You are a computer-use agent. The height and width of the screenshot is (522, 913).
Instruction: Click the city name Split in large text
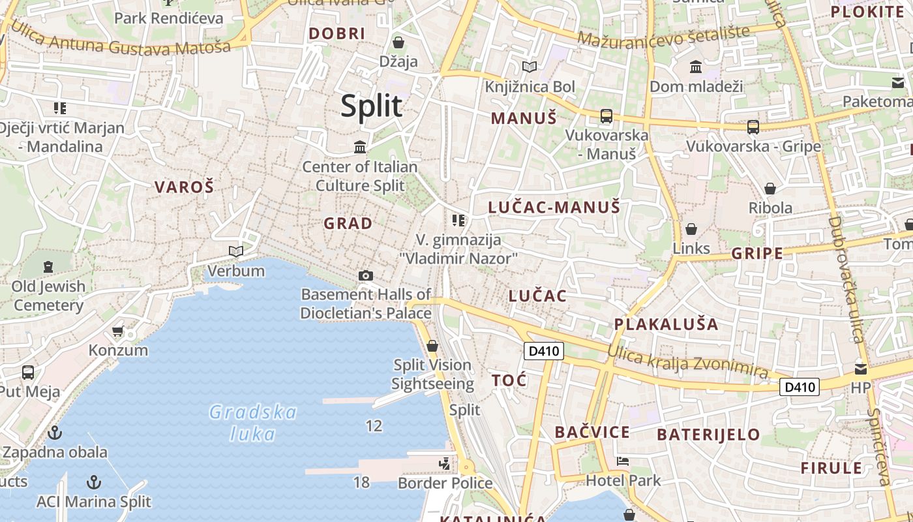tap(372, 106)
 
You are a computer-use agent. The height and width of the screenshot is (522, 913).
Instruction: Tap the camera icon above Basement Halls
tap(366, 275)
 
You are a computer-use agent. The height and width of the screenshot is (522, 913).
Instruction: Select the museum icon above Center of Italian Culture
tap(360, 147)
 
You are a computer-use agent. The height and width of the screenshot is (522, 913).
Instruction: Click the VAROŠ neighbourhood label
tap(184, 187)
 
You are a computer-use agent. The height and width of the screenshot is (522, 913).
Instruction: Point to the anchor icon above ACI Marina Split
tap(95, 482)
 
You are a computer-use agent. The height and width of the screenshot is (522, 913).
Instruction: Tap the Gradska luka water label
tap(253, 423)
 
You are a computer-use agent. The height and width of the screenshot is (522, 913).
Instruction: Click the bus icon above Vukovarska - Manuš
tap(606, 116)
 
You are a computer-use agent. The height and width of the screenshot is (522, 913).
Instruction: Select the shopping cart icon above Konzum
tap(118, 331)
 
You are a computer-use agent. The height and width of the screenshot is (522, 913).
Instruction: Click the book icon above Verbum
tap(235, 251)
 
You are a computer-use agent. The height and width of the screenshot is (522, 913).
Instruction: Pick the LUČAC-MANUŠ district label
tap(554, 208)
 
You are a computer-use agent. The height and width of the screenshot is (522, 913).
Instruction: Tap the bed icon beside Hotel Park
tap(623, 461)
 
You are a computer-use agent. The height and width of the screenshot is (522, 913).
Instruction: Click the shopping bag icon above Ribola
tap(770, 189)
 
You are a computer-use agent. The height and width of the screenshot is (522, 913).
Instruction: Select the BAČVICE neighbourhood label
tap(592, 432)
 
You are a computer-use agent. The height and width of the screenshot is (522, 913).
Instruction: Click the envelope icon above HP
tap(861, 369)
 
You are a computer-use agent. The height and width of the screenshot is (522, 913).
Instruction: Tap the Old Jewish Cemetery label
tap(49, 296)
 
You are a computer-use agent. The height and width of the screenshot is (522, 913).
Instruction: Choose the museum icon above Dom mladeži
tap(696, 67)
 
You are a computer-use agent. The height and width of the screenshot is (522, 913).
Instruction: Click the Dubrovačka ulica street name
tap(846, 279)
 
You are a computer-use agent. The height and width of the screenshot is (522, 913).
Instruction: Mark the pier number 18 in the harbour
tap(361, 482)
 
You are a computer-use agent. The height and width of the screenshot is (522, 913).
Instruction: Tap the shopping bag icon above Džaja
tap(398, 42)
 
